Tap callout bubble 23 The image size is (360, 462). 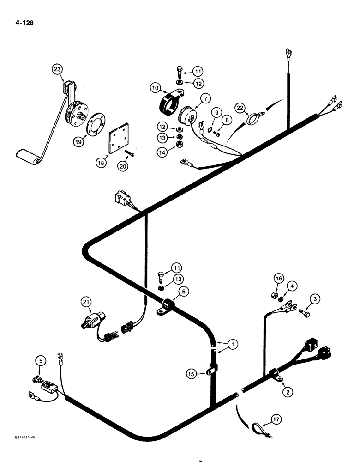57,70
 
